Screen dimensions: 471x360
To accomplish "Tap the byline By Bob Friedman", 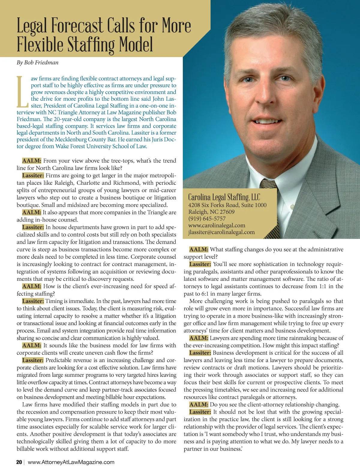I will click(x=37, y=62).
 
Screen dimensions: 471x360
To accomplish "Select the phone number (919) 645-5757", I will click(x=207, y=219).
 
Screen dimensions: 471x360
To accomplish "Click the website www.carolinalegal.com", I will click(x=217, y=225).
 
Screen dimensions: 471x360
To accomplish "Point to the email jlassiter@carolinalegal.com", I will click(x=221, y=232).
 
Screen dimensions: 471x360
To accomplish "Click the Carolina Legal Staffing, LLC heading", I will click(x=224, y=197).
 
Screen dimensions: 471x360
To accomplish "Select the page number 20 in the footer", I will click(x=19, y=462).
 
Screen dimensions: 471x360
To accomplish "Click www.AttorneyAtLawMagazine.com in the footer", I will click(x=71, y=462).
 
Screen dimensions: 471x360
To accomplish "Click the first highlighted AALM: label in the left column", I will click(x=31, y=161).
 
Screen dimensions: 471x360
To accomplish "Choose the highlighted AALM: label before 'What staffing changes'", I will click(x=199, y=249).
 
